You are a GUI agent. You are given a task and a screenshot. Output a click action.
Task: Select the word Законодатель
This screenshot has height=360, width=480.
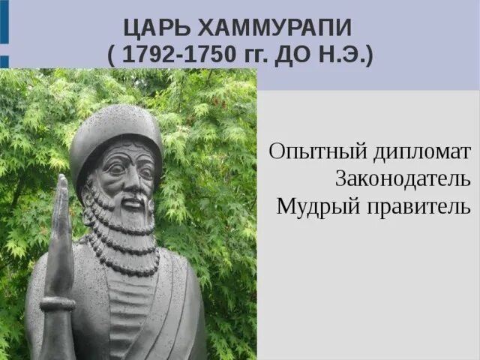coord(404,178)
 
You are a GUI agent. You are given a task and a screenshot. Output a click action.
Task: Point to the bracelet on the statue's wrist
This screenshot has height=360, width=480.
coord(58,303)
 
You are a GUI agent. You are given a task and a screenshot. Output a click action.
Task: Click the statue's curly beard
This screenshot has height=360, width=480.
coord(124,221)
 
